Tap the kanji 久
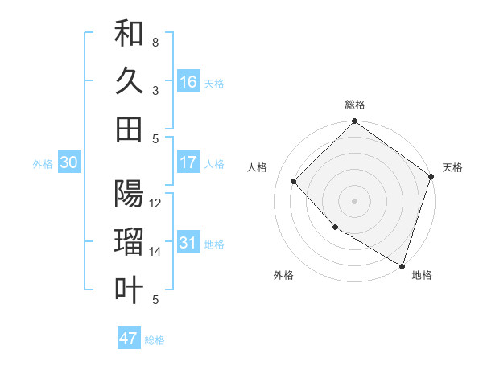tap(129, 81)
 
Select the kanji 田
tap(129, 129)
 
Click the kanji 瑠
tap(129, 242)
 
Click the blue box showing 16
tap(188, 82)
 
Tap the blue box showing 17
tap(188, 162)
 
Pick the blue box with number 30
tap(68, 162)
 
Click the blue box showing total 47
tap(129, 339)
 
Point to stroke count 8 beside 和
tap(155, 42)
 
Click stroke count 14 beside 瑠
tap(155, 252)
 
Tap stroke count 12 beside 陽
tap(155, 203)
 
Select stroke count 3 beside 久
tap(155, 91)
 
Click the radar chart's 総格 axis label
tap(355, 105)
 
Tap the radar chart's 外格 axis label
tap(283, 275)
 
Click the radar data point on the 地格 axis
tap(402, 265)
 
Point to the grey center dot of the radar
tap(355, 200)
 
